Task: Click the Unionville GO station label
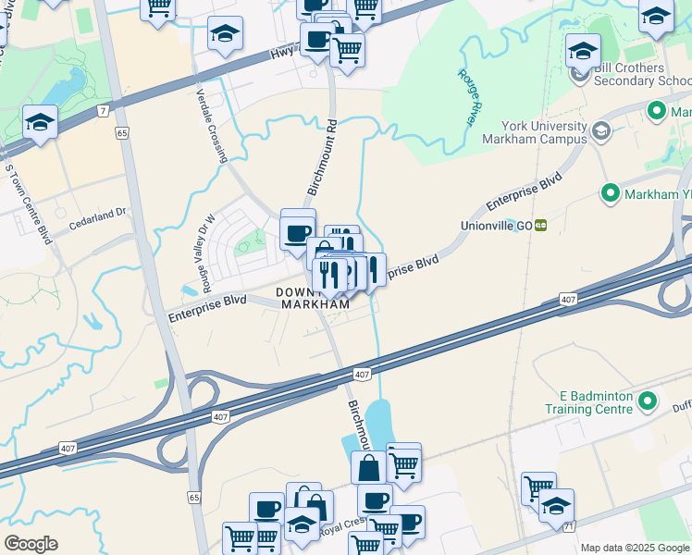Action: tap(496, 225)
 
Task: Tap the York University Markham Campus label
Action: tap(544, 132)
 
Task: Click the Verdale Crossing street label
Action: tap(212, 126)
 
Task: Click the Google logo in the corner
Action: tap(31, 544)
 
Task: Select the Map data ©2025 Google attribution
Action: tap(635, 548)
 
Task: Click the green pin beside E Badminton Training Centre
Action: tap(647, 401)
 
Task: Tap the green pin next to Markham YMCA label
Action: tap(610, 194)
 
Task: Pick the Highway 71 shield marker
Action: tap(568, 525)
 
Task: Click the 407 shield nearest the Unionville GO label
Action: tap(568, 301)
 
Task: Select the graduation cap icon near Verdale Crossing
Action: tap(225, 35)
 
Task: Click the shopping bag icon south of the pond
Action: tap(368, 468)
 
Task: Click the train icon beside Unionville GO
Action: tap(540, 225)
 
